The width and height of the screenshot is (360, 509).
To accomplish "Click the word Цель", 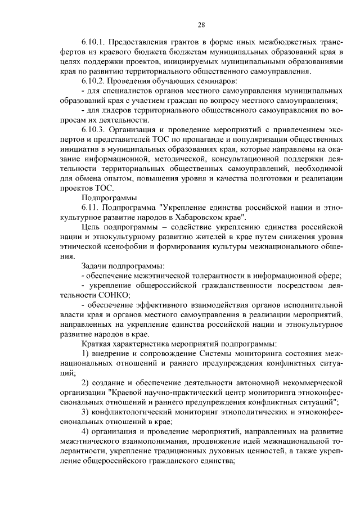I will click(91, 227).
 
